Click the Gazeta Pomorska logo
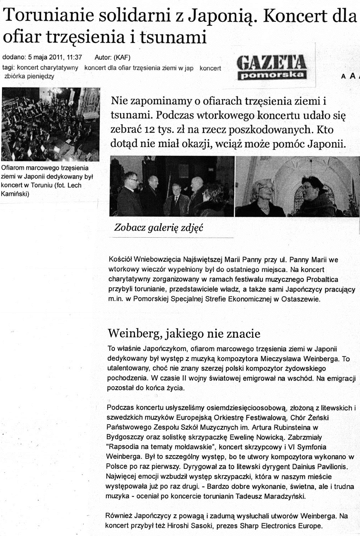pos(271,66)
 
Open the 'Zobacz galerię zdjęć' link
pos(158,227)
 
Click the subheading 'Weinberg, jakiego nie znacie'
pos(184,334)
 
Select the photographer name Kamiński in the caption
pos(15,194)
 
